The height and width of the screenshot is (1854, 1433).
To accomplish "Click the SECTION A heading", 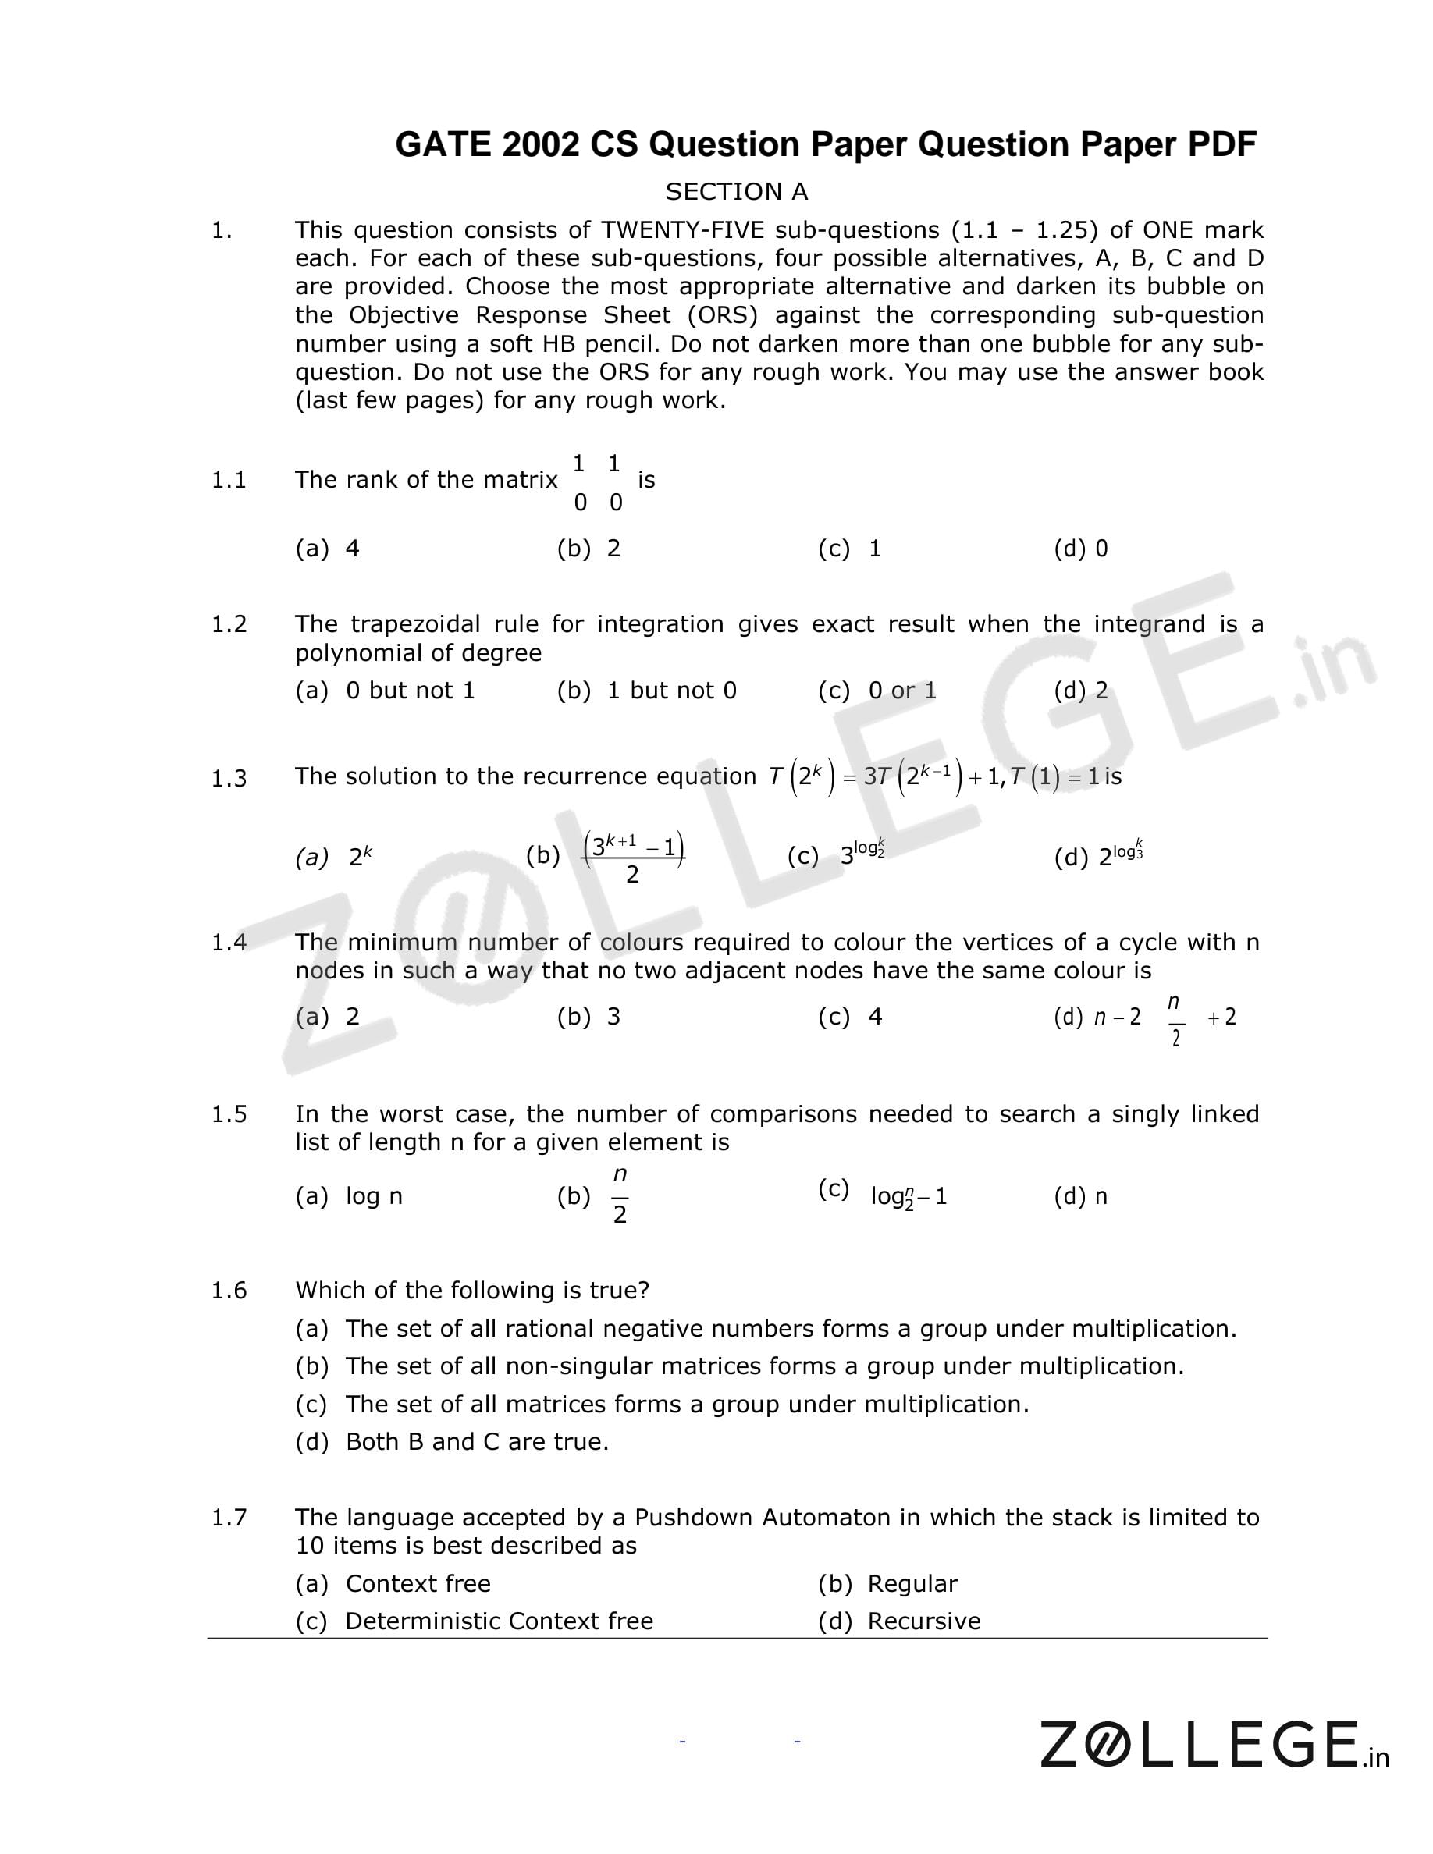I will (x=736, y=192).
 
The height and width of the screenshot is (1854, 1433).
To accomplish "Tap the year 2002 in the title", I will (x=539, y=145).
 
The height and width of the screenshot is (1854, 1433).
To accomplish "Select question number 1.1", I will (x=229, y=481).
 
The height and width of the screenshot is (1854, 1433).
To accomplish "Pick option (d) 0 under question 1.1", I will (x=1081, y=549).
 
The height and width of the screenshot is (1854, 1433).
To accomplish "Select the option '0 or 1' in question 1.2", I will (x=901, y=690).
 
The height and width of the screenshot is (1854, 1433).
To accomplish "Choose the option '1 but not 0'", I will (x=670, y=690).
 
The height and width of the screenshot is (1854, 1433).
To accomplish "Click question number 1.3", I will (x=229, y=778).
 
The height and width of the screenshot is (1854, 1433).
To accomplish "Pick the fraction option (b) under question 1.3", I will (x=633, y=858).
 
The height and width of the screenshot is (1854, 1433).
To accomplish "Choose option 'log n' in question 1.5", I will (x=374, y=1196).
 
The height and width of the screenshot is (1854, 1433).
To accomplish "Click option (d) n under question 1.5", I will (x=1081, y=1196).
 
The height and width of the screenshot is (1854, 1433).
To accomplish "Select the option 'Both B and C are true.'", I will (x=477, y=1441).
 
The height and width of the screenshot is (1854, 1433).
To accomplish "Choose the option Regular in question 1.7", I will (x=912, y=1583).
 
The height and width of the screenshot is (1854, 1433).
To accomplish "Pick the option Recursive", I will (x=923, y=1621).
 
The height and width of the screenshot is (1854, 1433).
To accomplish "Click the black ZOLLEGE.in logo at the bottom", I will (x=1214, y=1745).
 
